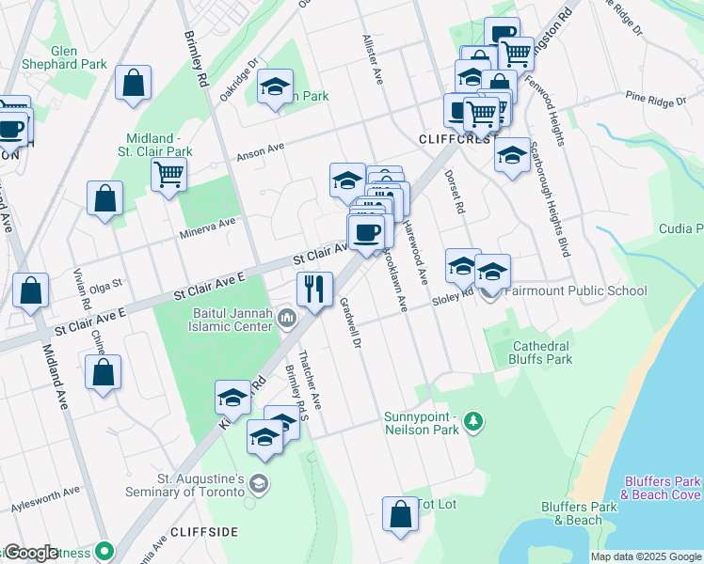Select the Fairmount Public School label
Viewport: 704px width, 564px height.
click(575, 290)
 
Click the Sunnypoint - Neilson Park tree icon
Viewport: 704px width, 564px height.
click(474, 423)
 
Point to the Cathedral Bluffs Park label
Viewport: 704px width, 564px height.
click(540, 352)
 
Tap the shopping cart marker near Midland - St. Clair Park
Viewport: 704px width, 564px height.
click(168, 173)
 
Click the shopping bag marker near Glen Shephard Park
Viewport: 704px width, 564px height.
click(134, 83)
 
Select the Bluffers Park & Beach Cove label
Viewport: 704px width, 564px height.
click(662, 488)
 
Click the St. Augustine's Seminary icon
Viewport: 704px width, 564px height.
click(259, 485)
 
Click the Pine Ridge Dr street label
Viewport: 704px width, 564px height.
click(659, 97)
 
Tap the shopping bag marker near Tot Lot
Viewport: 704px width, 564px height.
click(400, 514)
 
